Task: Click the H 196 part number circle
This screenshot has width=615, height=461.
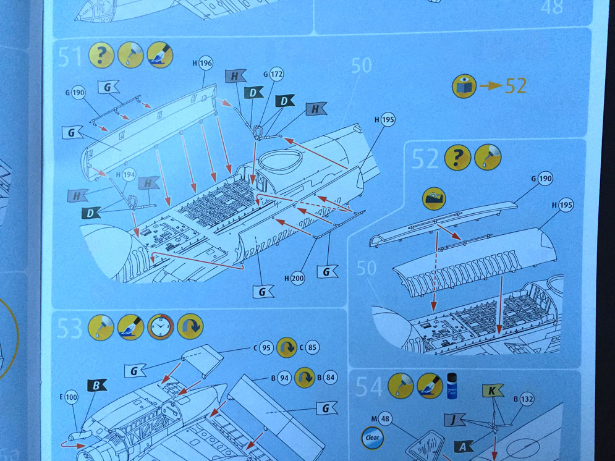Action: pyautogui.click(x=206, y=62)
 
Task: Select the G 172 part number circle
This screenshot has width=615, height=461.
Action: pyautogui.click(x=276, y=74)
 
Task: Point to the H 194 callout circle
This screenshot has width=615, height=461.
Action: pyautogui.click(x=129, y=176)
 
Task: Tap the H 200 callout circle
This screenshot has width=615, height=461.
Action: pyautogui.click(x=298, y=278)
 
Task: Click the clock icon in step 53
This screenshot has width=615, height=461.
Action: pyautogui.click(x=161, y=326)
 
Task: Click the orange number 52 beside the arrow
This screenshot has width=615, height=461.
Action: pyautogui.click(x=515, y=85)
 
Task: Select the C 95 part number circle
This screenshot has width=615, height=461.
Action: pyautogui.click(x=266, y=348)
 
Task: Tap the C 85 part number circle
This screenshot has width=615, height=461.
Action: pyautogui.click(x=312, y=347)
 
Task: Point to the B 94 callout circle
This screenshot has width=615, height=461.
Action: pyautogui.click(x=284, y=378)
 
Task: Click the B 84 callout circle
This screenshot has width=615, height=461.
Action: pyautogui.click(x=330, y=378)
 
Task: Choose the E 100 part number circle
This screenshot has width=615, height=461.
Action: pyautogui.click(x=71, y=397)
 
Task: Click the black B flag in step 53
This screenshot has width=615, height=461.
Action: pyautogui.click(x=96, y=386)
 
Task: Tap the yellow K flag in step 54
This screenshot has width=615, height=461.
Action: pyautogui.click(x=493, y=391)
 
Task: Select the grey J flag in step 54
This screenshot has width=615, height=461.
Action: pyautogui.click(x=455, y=420)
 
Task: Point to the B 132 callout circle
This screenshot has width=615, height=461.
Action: pyautogui.click(x=527, y=399)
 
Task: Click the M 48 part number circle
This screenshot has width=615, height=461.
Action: pyautogui.click(x=385, y=419)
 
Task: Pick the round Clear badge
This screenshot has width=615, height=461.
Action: pyautogui.click(x=372, y=438)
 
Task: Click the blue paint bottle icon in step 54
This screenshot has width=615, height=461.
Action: pyautogui.click(x=452, y=386)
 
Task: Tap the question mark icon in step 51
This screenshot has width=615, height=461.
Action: pyautogui.click(x=101, y=55)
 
